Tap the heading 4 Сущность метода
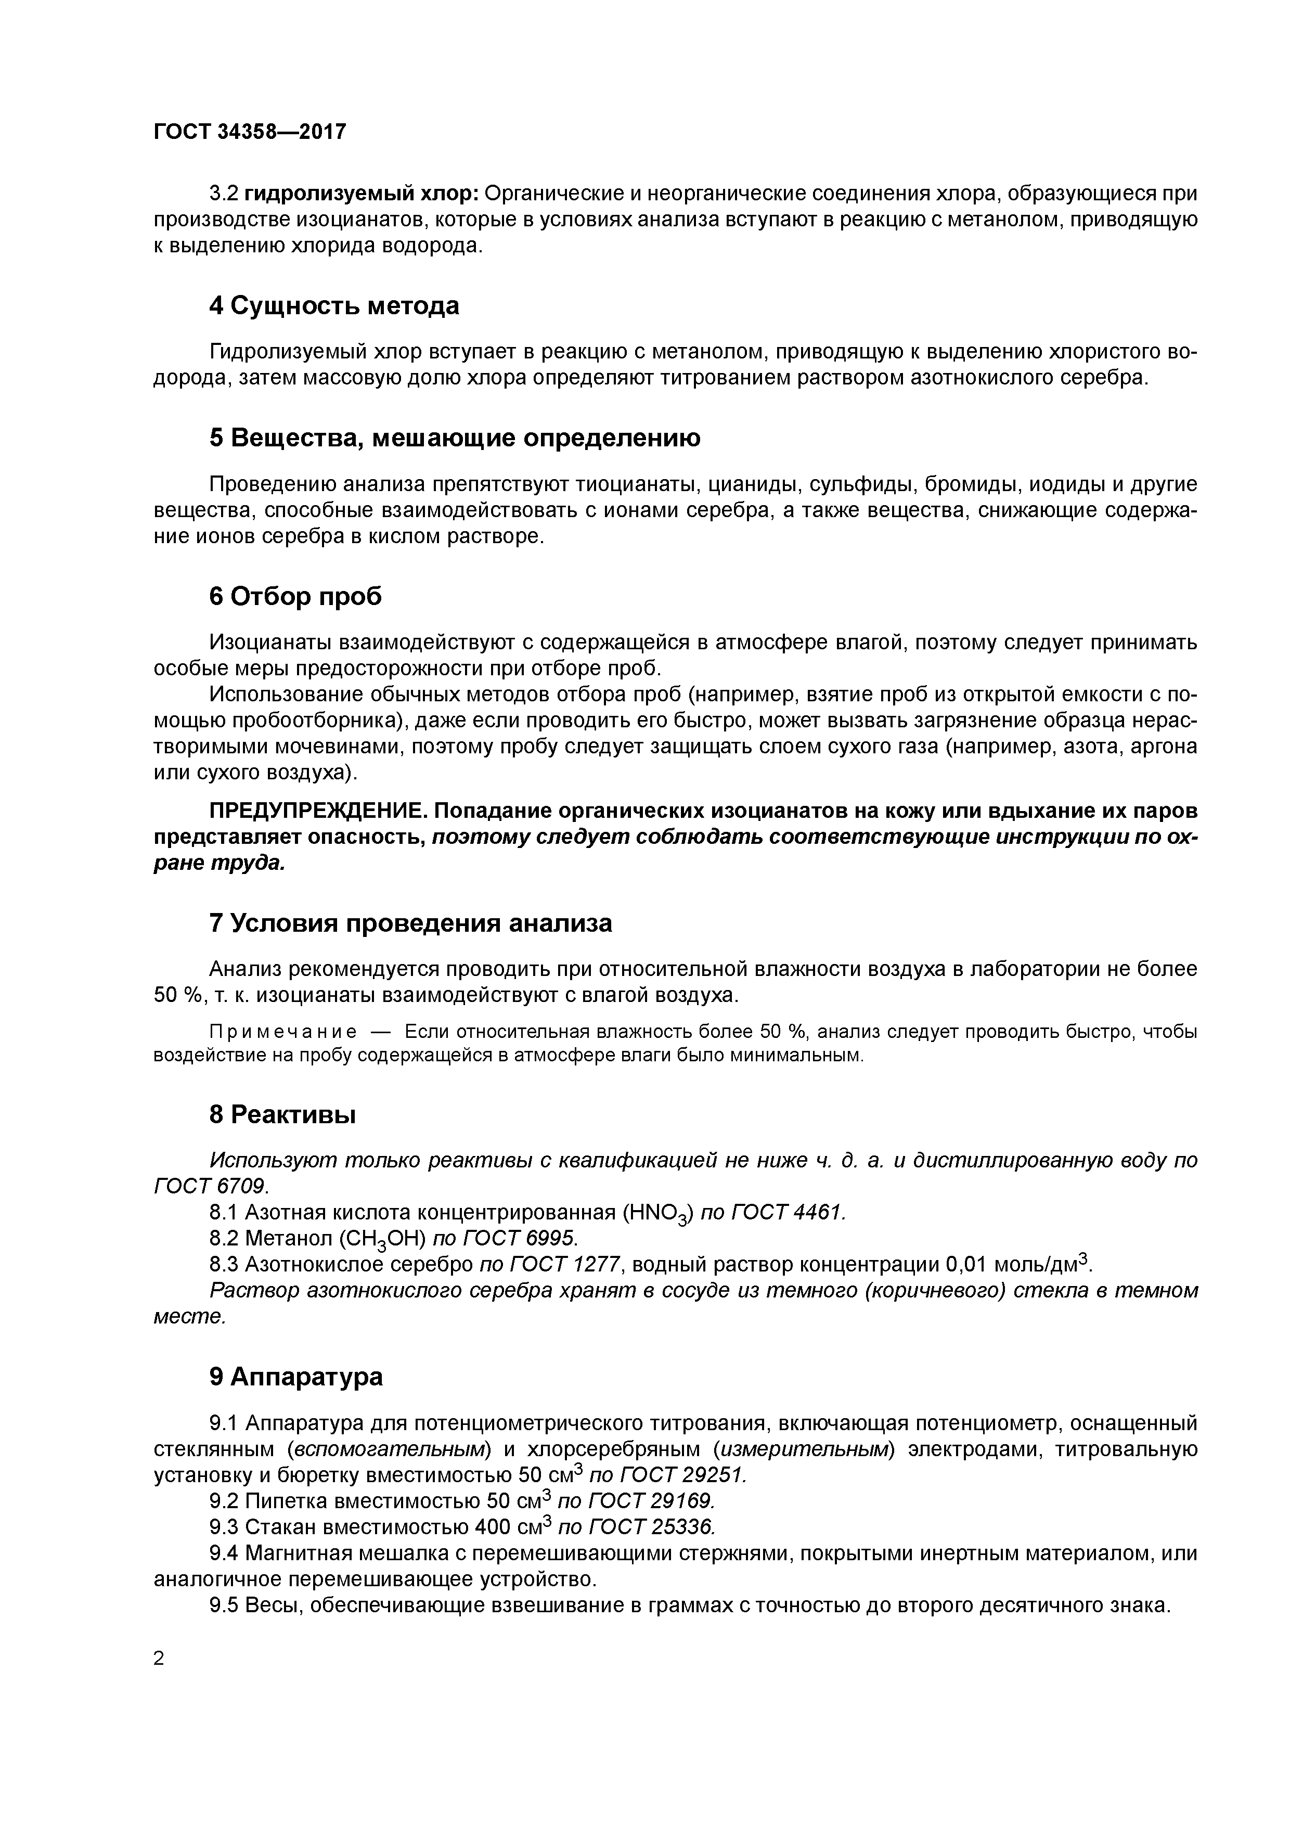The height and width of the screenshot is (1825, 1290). pos(334,306)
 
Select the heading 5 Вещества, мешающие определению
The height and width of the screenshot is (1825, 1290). pos(455,438)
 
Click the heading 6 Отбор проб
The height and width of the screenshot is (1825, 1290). pos(295,596)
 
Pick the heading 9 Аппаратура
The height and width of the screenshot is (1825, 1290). pos(295,1377)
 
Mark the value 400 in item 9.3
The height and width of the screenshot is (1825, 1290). pos(493,1528)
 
